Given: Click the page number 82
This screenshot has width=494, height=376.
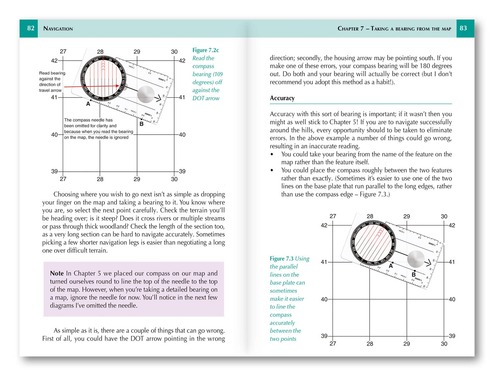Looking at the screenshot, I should click(31, 28).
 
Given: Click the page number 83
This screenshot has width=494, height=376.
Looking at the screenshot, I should click(463, 28).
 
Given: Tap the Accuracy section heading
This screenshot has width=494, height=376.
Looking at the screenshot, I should click(282, 98).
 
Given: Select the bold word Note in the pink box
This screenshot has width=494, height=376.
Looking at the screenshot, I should click(57, 273).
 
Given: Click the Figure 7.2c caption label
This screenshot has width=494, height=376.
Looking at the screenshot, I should click(206, 50).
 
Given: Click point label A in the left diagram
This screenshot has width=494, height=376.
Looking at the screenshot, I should click(88, 104).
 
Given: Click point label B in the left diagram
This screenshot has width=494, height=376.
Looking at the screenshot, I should click(141, 124).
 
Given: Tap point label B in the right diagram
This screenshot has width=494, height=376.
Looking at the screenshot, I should click(414, 275).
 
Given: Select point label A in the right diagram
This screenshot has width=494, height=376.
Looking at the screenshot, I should click(391, 266).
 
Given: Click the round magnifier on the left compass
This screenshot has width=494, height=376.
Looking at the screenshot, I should click(146, 94).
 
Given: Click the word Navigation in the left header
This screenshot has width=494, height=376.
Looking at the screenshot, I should click(58, 29).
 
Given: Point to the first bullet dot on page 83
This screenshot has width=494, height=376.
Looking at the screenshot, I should click(272, 155).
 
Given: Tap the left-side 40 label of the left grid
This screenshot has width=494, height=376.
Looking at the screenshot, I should click(54, 135).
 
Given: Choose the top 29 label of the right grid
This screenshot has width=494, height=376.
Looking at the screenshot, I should click(407, 216).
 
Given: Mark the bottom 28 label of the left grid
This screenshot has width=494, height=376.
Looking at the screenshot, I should click(100, 179).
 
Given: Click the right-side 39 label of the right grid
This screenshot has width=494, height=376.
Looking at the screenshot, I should click(452, 336).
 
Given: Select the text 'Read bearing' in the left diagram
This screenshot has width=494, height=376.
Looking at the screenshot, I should click(52, 73).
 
